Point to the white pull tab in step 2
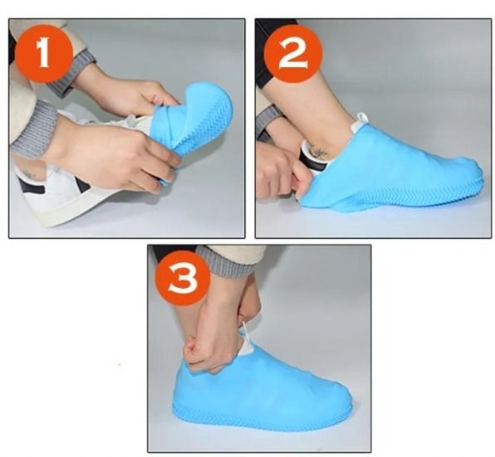[x=360, y=123]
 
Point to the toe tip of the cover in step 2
[x=477, y=176]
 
